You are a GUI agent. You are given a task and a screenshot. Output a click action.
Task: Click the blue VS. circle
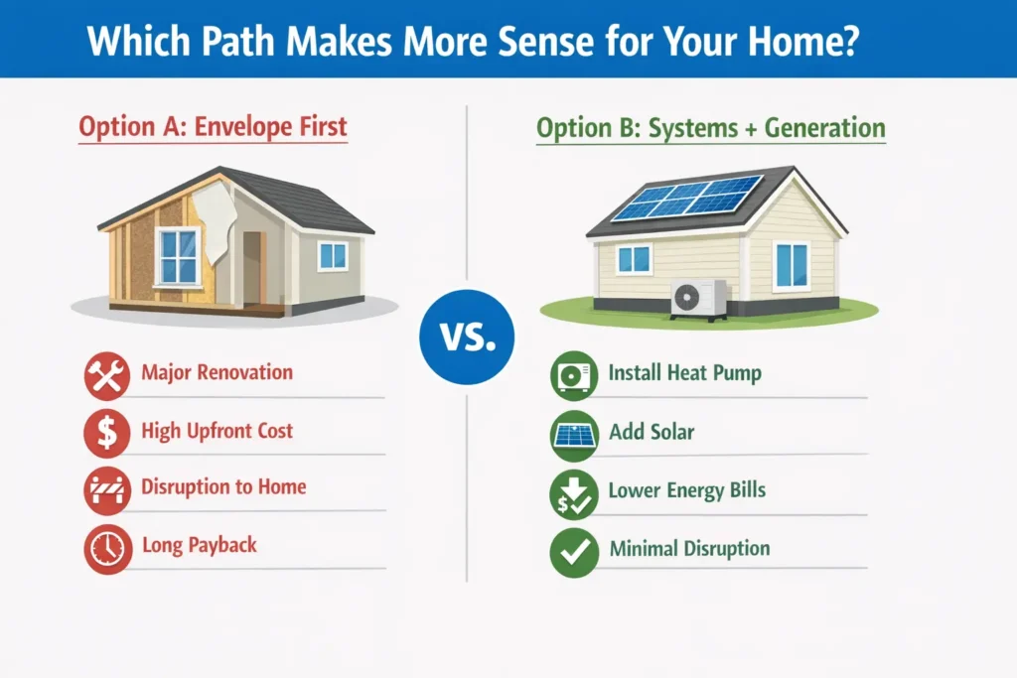[x=467, y=338]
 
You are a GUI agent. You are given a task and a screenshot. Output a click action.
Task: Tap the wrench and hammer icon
[x=107, y=375]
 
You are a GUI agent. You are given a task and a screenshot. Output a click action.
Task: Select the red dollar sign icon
[x=107, y=433]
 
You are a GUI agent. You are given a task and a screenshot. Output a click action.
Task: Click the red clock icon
[x=107, y=549]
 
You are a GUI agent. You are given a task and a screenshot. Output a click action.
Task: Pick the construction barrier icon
[x=107, y=490]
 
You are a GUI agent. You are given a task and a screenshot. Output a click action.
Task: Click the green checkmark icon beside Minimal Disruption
[x=574, y=552]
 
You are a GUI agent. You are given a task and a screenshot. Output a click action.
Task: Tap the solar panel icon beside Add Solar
[x=574, y=435]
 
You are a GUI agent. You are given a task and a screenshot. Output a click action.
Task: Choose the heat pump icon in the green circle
[x=574, y=375]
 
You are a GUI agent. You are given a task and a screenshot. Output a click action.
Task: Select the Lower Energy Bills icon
[x=574, y=494]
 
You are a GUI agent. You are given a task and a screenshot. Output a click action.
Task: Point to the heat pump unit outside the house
[x=699, y=299]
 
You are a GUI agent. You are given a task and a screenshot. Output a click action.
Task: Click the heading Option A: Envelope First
[x=213, y=127]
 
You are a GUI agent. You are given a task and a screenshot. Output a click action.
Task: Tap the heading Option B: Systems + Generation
[x=711, y=128]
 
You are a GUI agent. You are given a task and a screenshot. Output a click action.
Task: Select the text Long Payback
[x=199, y=545]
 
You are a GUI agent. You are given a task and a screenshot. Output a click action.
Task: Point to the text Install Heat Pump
[x=685, y=372]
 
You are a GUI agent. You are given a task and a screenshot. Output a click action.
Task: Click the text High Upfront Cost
[x=218, y=431]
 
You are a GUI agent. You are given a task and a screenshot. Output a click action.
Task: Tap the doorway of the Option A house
[x=252, y=267]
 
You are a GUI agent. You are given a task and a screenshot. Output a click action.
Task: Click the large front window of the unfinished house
[x=178, y=257]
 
